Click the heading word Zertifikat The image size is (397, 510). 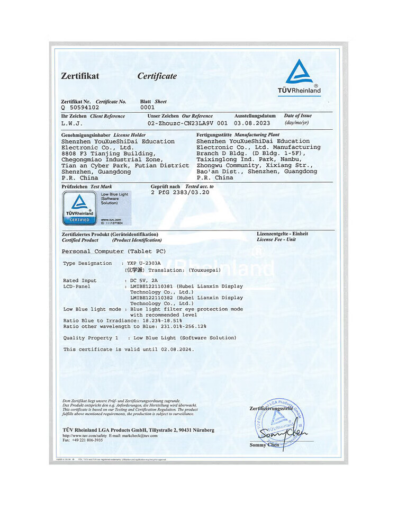[80, 76]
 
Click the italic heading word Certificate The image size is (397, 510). [157, 76]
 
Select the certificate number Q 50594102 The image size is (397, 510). [80, 107]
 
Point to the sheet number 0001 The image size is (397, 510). [147, 107]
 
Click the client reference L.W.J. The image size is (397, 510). [72, 123]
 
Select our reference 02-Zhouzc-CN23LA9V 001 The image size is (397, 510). [188, 123]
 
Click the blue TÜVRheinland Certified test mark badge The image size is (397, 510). [78, 208]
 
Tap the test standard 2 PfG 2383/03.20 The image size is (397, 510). [180, 192]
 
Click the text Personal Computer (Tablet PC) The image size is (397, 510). [114, 251]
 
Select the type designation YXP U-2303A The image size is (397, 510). [146, 263]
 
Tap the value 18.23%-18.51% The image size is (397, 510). [162, 320]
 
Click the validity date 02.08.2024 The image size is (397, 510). [178, 350]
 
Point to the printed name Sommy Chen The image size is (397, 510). [264, 444]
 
